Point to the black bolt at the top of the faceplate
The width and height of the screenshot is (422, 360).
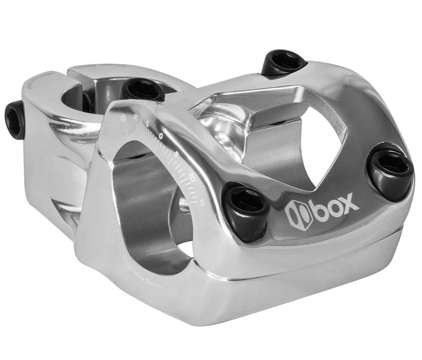[x=283, y=63]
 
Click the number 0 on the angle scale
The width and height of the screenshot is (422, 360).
[x=161, y=135]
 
